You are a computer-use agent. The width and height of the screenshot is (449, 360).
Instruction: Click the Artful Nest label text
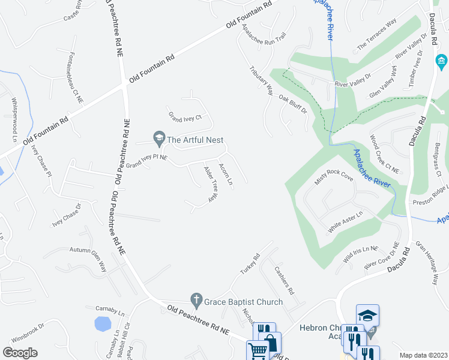point(195,140)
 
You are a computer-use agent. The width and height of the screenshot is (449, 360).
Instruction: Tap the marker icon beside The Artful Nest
point(159,139)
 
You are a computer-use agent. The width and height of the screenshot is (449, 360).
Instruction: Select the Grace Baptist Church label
point(243,301)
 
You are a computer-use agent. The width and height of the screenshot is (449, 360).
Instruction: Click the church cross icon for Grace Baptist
point(196,299)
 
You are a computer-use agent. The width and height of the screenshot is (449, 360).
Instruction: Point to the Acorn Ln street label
point(226,173)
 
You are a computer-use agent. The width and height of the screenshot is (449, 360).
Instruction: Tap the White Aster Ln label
point(345,222)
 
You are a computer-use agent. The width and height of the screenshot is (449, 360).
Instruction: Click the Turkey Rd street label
point(249,264)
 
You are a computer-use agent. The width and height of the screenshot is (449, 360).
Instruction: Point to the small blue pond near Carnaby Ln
point(103,324)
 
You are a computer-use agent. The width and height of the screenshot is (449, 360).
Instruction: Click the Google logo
point(20,353)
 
